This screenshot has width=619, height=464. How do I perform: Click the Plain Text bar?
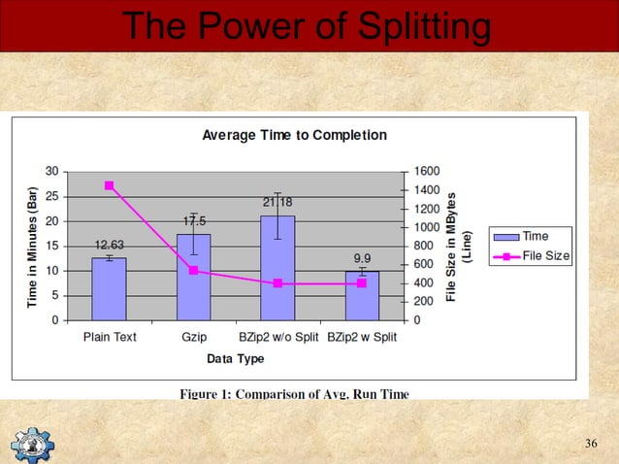109,288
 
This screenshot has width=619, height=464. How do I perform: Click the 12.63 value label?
109,245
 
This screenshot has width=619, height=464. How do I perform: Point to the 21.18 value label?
277,202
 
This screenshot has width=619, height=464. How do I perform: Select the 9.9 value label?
362,258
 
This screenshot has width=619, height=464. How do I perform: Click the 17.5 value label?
194,221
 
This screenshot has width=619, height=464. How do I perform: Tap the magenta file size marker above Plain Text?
109,185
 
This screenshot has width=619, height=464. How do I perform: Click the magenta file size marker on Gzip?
193,270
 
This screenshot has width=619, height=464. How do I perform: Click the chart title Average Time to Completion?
294,135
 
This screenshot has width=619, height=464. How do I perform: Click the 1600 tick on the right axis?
425,171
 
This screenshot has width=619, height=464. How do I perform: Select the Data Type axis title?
235,358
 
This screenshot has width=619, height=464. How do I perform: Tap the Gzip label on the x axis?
193,337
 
